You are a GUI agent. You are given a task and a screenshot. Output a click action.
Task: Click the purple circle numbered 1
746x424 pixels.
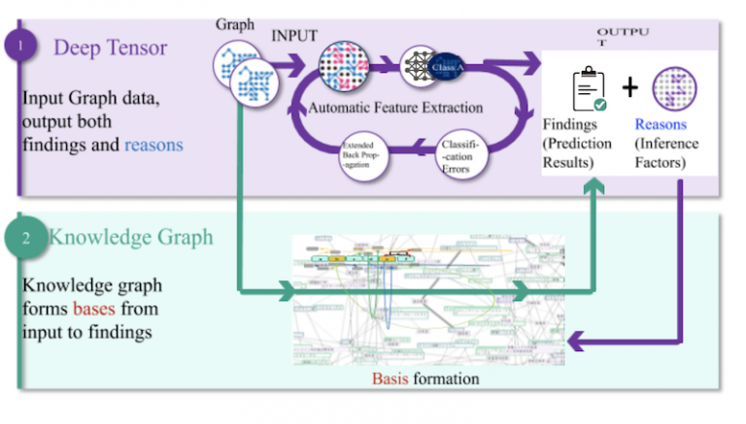[x=21, y=46]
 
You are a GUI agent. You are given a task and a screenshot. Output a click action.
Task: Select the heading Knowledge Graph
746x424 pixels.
[x=130, y=237]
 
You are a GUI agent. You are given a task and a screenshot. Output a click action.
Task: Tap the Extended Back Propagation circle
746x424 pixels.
[x=364, y=155]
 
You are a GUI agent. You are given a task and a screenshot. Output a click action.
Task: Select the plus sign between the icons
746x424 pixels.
[x=628, y=88]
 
